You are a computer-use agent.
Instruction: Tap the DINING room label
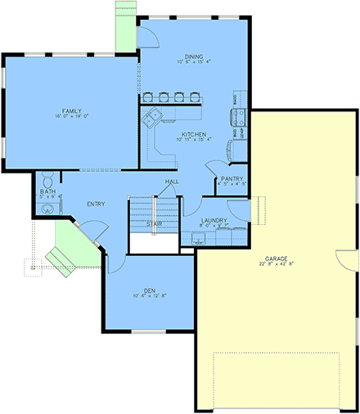tap(193, 55)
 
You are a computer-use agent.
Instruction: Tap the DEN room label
tap(150, 289)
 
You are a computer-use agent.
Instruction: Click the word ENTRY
tap(95, 204)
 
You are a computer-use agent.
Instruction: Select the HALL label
tap(172, 182)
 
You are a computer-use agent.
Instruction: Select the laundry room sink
tap(197, 237)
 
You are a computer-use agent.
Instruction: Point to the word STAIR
tap(153, 223)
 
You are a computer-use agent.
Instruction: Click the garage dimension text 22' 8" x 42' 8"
tap(274, 263)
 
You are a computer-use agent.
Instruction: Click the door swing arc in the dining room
tap(148, 35)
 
